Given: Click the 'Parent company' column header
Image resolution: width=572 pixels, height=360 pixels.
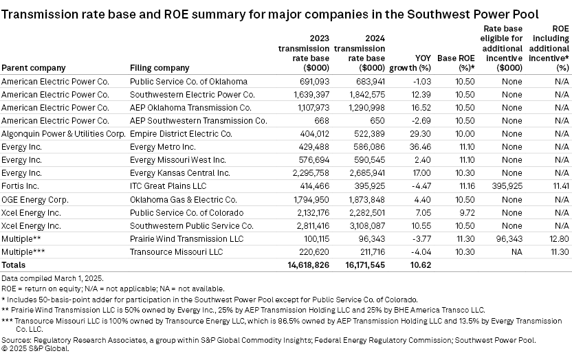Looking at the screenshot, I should click(x=34, y=68).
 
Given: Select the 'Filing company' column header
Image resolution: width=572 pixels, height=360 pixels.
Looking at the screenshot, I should click(x=159, y=68).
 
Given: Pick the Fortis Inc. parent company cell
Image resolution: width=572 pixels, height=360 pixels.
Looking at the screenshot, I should click(x=20, y=185).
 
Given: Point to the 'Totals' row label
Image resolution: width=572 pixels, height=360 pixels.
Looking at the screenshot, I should click(x=14, y=265).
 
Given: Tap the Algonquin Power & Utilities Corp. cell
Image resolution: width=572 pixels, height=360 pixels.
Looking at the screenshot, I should click(x=61, y=133).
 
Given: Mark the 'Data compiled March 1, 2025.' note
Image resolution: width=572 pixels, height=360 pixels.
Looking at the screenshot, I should click(x=52, y=278).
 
